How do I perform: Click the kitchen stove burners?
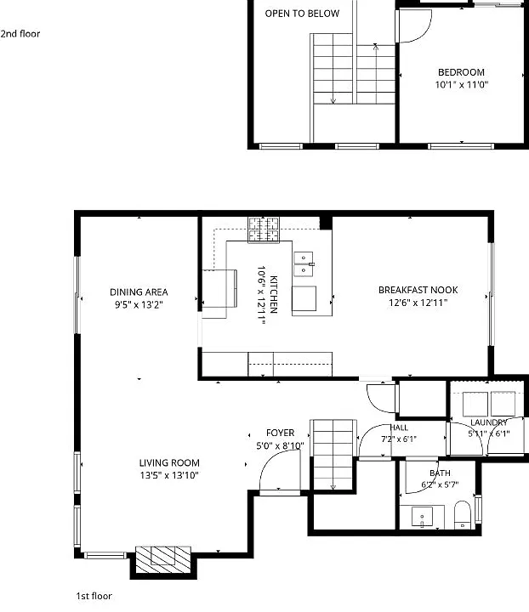coord(264,229)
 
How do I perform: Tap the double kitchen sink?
coord(304,264)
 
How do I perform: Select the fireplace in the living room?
coord(163,559)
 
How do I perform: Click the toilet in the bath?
coord(463,514)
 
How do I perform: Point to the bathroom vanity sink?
coord(422,517)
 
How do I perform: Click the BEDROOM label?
coord(461,72)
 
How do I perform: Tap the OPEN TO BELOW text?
coord(302,14)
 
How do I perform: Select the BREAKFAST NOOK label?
coord(418,290)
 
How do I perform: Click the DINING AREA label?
coord(139,292)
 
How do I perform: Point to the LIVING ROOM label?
coord(169,463)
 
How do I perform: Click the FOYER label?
coord(280,433)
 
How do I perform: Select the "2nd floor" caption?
coord(20,34)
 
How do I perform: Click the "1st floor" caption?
coord(94,596)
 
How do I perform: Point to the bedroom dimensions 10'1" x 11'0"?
coord(462,84)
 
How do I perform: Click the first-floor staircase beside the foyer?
coord(333,455)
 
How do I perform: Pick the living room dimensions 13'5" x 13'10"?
coord(169,475)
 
